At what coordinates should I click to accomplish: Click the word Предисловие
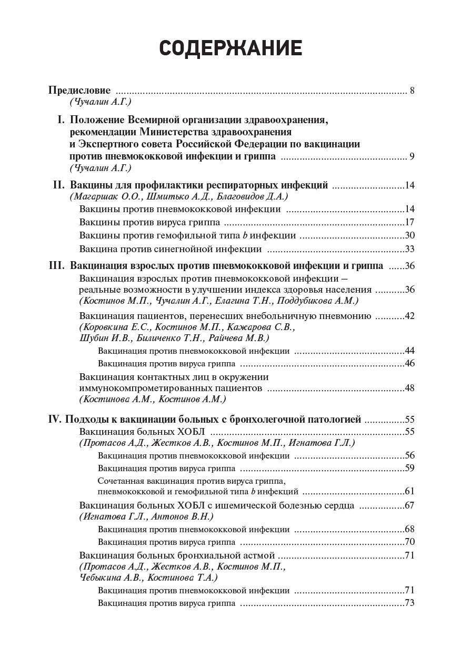tap(79, 90)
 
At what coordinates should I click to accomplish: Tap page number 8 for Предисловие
tap(412, 91)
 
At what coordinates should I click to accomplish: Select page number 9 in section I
tap(412, 157)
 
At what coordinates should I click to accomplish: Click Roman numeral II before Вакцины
tap(58, 185)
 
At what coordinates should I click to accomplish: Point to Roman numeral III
tap(56, 266)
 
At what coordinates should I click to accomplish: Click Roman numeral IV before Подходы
tap(55, 420)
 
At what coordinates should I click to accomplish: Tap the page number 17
tap(410, 222)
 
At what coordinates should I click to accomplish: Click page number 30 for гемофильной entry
tap(410, 235)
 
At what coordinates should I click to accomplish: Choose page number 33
tap(410, 249)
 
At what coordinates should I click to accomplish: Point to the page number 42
tap(410, 316)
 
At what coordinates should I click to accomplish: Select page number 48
tap(410, 388)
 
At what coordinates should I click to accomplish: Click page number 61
tap(410, 491)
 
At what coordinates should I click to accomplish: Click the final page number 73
tap(410, 603)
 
